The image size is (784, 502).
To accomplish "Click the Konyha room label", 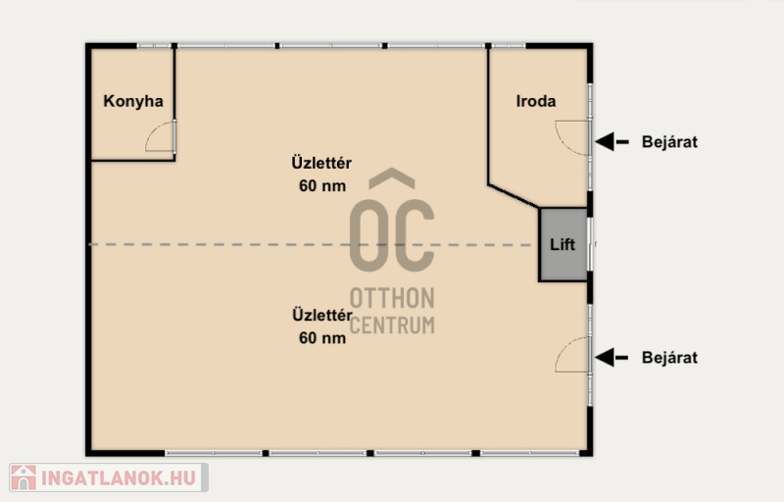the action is click(133, 101).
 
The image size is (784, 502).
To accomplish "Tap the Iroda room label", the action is click(536, 101).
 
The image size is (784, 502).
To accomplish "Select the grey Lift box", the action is click(563, 244).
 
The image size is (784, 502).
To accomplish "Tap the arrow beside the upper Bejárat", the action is click(612, 141).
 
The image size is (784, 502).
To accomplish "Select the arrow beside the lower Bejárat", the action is click(612, 358).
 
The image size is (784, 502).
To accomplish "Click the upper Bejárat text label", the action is click(669, 142).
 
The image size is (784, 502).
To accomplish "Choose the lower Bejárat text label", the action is click(669, 358).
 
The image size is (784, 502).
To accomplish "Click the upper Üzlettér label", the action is click(321, 163).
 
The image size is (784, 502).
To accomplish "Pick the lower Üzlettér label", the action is click(321, 315).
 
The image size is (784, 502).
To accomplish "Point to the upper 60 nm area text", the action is click(322, 186).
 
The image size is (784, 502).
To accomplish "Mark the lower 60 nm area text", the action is click(322, 338).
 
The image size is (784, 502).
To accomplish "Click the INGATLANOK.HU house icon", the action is click(24, 477).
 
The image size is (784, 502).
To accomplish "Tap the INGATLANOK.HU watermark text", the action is click(118, 478).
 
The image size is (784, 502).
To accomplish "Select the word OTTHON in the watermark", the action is click(392, 298).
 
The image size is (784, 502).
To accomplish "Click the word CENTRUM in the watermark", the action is click(392, 325).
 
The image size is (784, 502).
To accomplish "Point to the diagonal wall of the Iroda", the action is click(514, 196).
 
